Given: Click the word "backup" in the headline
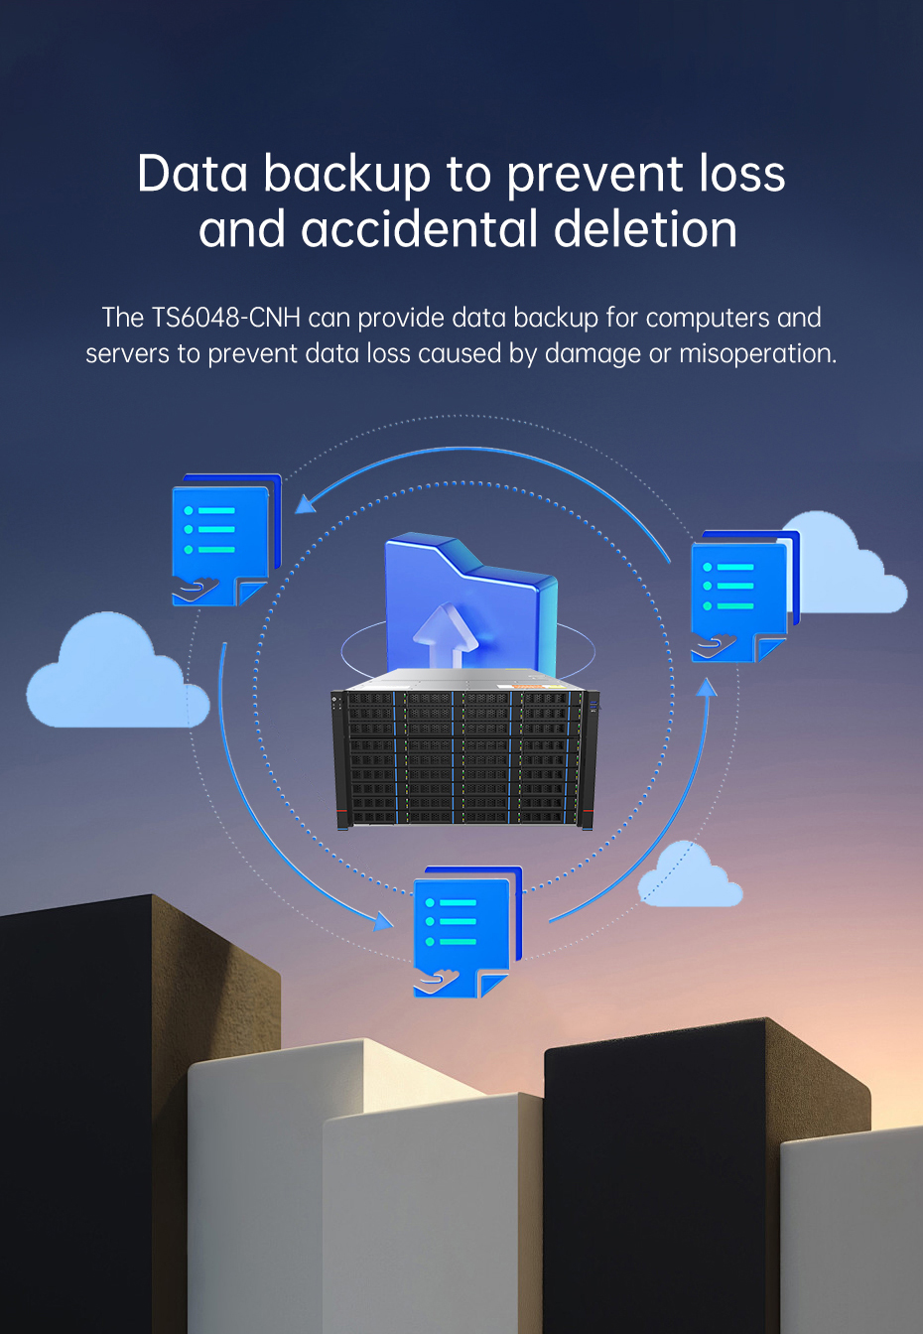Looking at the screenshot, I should point(347,175).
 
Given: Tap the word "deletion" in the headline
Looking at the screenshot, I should point(646,229).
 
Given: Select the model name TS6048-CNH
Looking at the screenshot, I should point(225,318).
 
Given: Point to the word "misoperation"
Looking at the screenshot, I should point(757,353).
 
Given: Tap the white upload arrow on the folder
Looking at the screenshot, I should point(445,635).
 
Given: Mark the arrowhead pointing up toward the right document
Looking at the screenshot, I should point(707,687).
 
